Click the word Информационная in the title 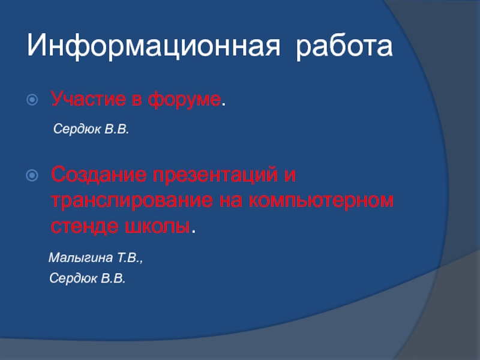[x=154, y=46]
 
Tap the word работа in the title [x=344, y=46]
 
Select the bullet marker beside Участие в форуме [x=32, y=100]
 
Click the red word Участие [x=88, y=99]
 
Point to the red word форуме [x=184, y=100]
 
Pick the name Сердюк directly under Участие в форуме [x=77, y=129]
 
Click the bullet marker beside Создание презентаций [x=32, y=175]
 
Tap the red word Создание [x=99, y=175]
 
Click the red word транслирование [x=132, y=200]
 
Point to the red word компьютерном [x=321, y=200]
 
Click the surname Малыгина [x=81, y=258]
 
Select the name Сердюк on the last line [x=73, y=278]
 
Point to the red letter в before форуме [x=137, y=100]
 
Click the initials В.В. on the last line [x=113, y=278]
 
